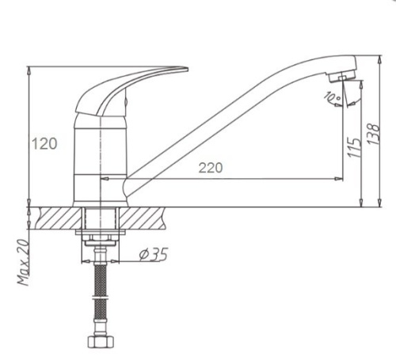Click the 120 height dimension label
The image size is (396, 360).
(x=44, y=144)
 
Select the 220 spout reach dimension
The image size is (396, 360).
(x=211, y=168)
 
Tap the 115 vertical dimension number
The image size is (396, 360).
(x=355, y=147)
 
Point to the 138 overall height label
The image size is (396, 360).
(x=374, y=134)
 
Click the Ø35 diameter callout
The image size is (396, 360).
(x=153, y=254)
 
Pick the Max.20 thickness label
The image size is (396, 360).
(x=23, y=263)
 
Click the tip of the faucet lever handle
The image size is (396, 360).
(x=188, y=70)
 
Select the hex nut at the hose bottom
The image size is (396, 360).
(x=101, y=342)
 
